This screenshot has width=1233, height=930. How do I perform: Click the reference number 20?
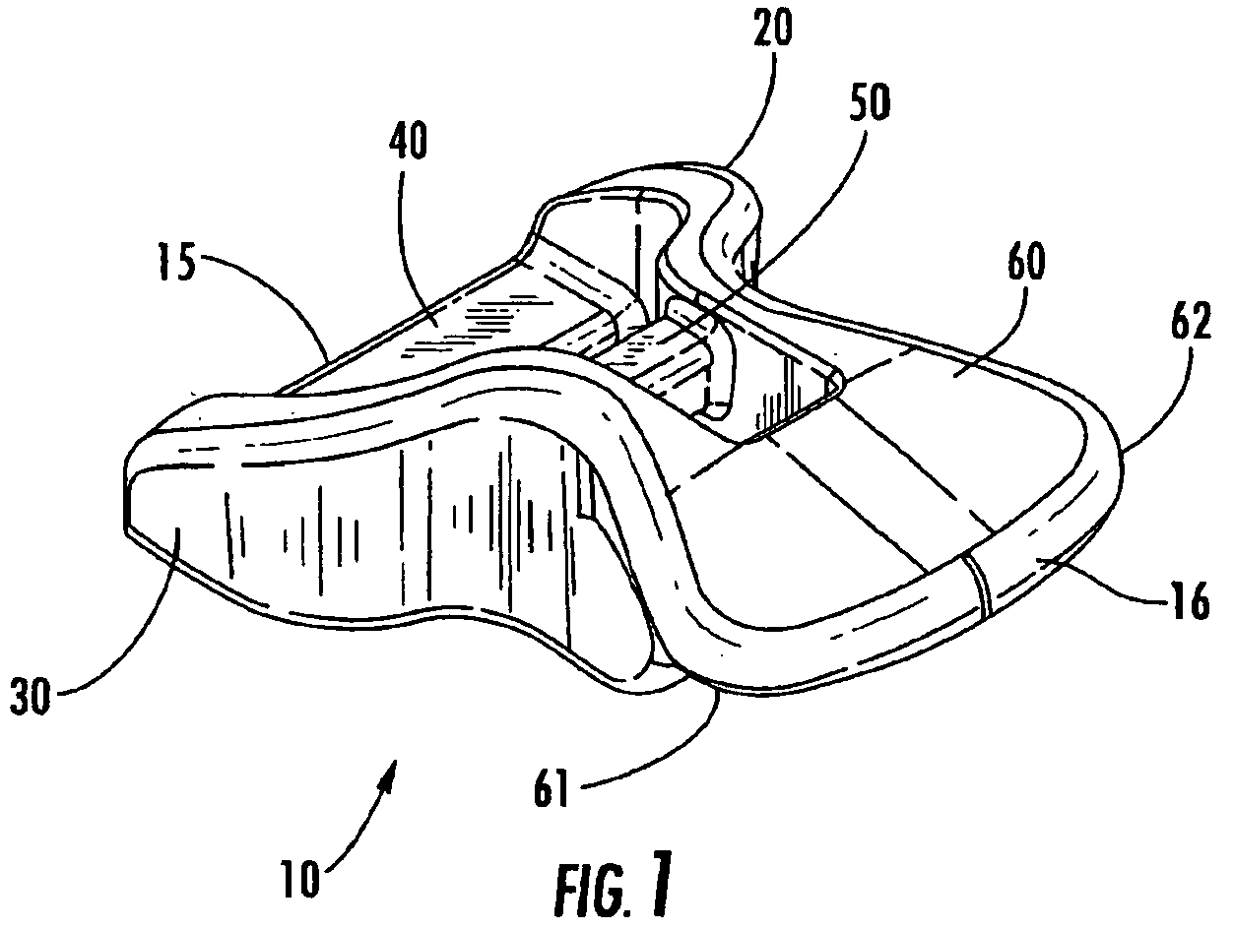click(774, 29)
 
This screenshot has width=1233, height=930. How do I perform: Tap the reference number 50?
click(870, 102)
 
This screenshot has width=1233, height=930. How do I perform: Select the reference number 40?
click(409, 141)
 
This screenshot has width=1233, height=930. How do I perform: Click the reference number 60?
click(1026, 262)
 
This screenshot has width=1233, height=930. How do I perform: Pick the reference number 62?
click(1191, 320)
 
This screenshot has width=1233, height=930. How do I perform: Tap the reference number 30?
click(31, 696)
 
